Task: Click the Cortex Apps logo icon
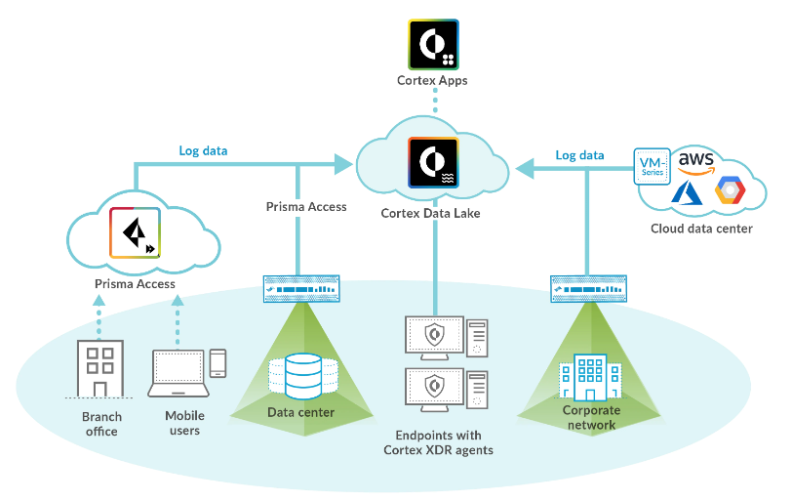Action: tap(433, 44)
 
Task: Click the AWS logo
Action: tap(696, 160)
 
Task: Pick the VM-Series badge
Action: tap(652, 166)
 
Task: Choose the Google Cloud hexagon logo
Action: tap(730, 192)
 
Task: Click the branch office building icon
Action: tap(99, 368)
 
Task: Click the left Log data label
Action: tap(203, 151)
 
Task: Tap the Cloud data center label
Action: tap(700, 230)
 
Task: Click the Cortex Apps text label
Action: tap(432, 80)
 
